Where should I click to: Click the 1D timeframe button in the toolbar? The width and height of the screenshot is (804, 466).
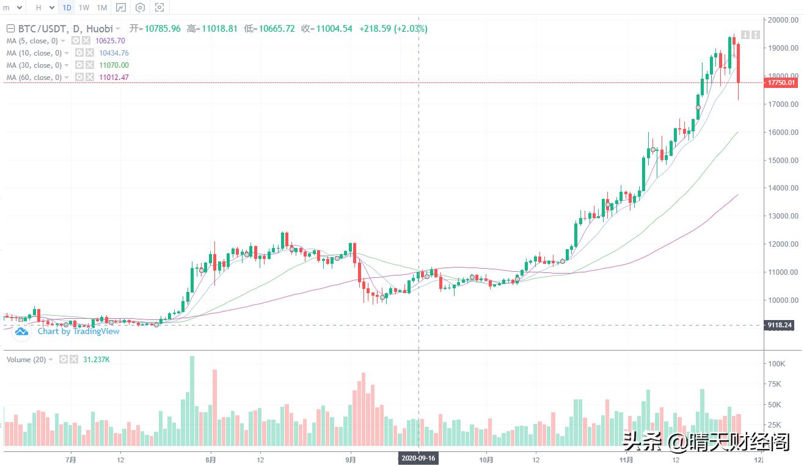click(67, 8)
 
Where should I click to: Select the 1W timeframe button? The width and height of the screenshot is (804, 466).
click(84, 8)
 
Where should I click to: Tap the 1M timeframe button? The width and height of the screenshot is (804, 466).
click(102, 8)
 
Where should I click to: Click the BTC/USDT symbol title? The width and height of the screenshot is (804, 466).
click(60, 29)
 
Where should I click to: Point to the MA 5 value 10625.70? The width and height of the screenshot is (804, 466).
click(110, 41)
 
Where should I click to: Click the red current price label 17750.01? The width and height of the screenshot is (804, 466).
click(781, 83)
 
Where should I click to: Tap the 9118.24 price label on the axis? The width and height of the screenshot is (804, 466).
click(780, 326)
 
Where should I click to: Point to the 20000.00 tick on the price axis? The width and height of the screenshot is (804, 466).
click(783, 20)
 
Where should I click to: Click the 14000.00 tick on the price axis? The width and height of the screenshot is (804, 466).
click(783, 188)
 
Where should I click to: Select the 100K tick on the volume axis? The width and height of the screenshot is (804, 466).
click(777, 364)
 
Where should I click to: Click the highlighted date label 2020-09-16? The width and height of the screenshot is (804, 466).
click(418, 457)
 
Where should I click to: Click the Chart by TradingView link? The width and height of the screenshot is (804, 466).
click(78, 332)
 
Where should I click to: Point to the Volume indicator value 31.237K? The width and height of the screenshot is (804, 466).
click(97, 360)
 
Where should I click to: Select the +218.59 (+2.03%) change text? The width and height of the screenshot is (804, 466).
click(393, 29)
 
